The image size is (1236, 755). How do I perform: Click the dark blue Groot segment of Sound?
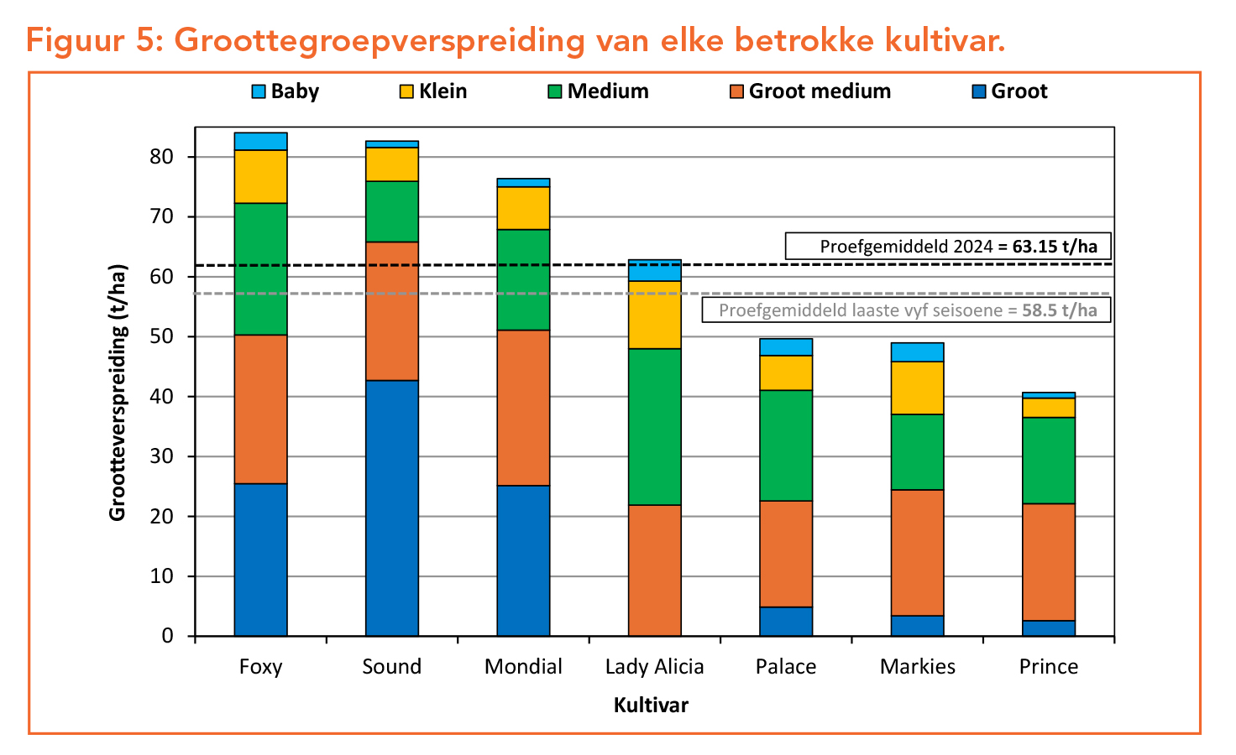(x=392, y=508)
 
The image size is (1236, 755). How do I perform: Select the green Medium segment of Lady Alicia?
(x=655, y=426)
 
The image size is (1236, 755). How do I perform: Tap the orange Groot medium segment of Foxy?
(x=260, y=409)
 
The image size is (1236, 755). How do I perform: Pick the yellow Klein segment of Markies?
(x=918, y=388)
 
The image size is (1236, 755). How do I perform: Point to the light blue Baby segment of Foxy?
(x=260, y=141)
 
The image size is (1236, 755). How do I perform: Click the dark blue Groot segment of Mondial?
(x=523, y=560)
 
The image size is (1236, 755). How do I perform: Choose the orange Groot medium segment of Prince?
(x=1049, y=562)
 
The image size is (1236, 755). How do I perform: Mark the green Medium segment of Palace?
(x=786, y=445)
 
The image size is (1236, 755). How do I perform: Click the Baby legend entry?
(x=285, y=91)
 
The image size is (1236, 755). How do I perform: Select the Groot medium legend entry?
(x=810, y=91)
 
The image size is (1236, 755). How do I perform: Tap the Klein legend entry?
(x=433, y=91)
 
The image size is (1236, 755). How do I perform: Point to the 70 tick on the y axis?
(x=162, y=217)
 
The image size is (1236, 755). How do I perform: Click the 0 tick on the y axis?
(x=168, y=636)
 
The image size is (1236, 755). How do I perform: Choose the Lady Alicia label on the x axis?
(x=655, y=667)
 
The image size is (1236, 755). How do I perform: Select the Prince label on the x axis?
(x=1049, y=667)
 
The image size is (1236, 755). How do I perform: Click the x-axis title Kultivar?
(x=651, y=706)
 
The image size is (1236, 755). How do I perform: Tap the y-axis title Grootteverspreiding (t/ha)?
(x=118, y=393)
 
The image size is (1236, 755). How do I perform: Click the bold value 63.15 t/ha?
(x=1055, y=247)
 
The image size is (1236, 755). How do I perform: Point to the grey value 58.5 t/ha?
(x=1060, y=310)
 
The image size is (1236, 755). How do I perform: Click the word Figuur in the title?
(x=72, y=40)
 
